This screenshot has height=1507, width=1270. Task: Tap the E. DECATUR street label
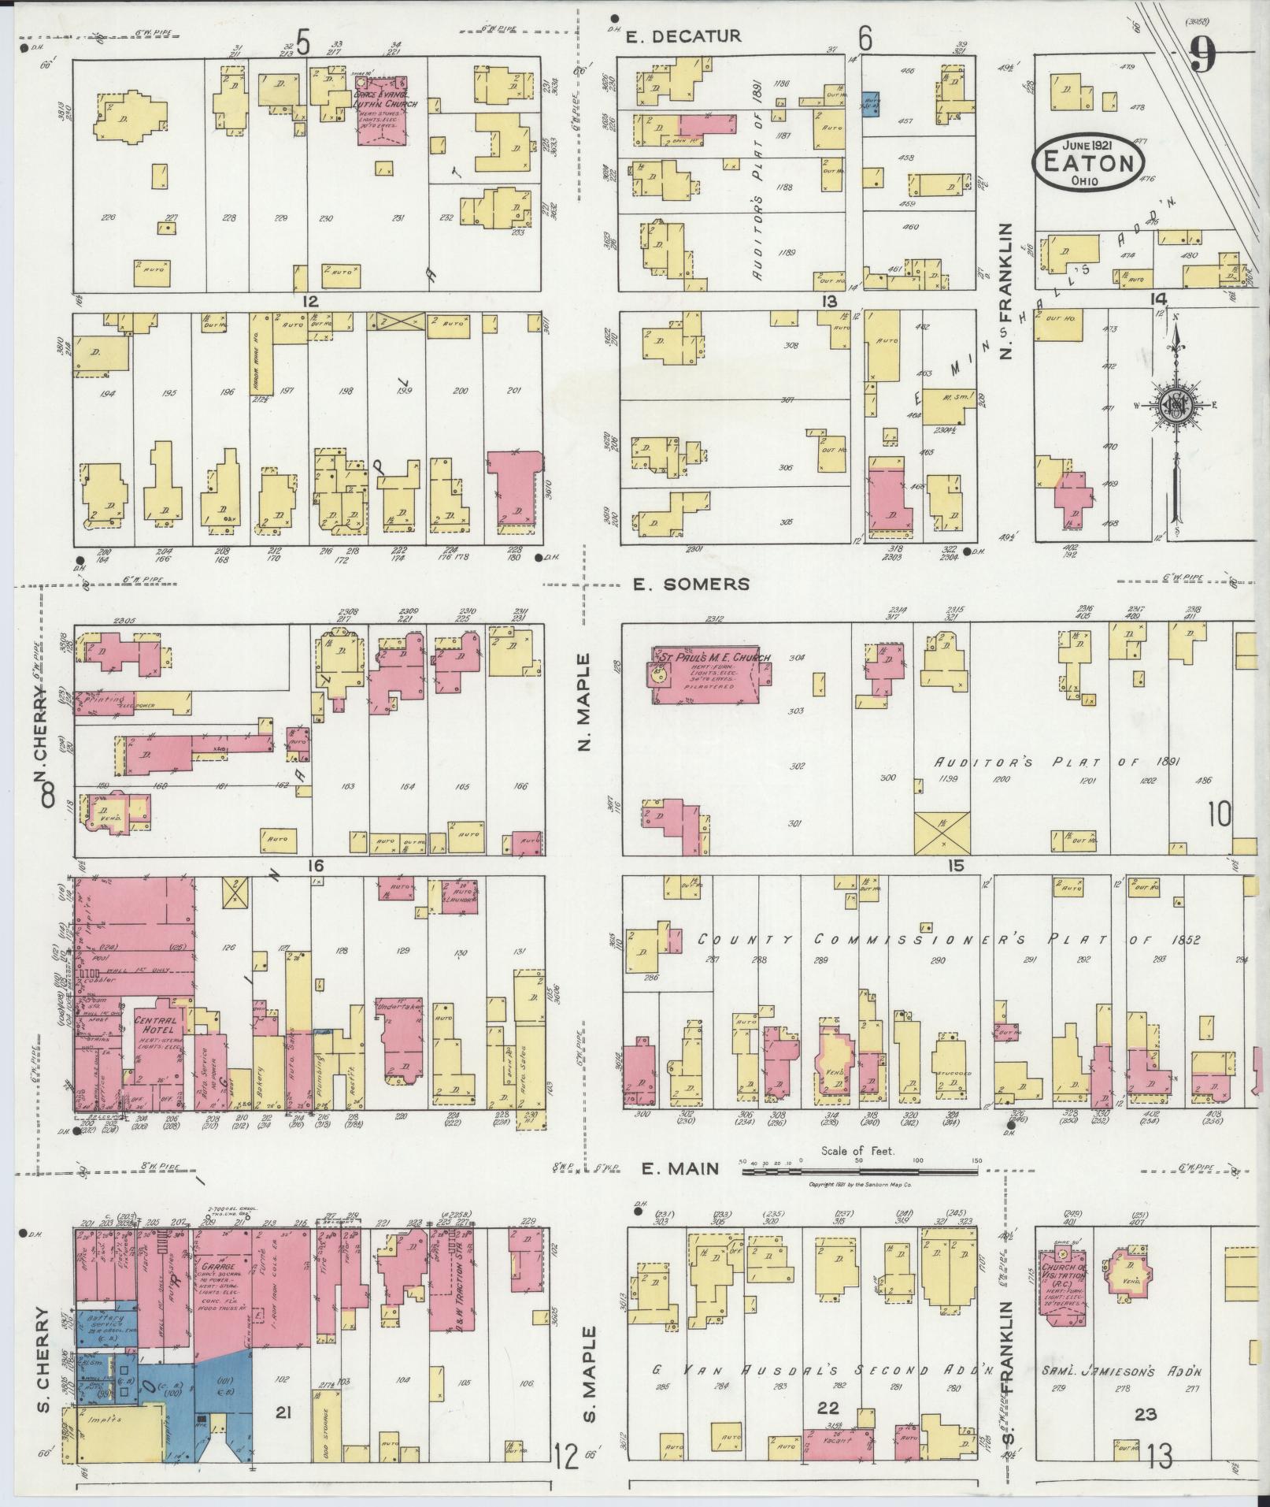click(683, 35)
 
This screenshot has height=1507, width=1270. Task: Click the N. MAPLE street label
click(584, 701)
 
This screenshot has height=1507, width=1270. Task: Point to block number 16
click(315, 866)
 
